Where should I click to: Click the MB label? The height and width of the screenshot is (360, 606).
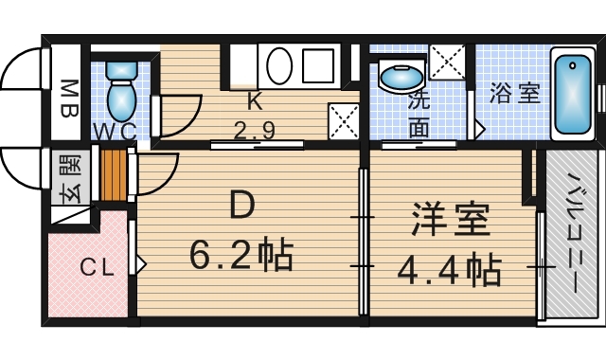[69, 96]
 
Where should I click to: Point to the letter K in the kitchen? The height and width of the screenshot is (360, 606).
[254, 102]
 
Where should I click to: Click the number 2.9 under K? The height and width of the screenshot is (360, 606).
[254, 130]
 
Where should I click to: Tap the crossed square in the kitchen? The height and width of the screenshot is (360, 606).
[342, 118]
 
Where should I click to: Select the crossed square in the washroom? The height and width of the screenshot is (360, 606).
[447, 63]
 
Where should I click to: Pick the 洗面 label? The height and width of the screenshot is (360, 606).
[419, 114]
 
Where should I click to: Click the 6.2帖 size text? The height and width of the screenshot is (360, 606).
[241, 255]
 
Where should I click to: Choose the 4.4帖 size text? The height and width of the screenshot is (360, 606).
[449, 272]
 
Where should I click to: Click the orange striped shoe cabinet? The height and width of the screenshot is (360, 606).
[114, 176]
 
